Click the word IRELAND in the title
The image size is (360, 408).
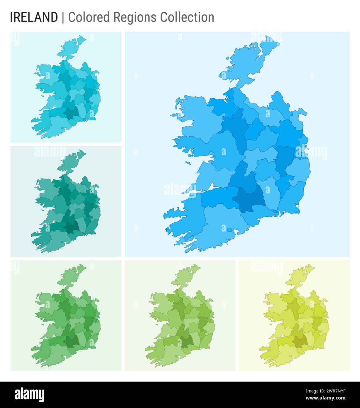click(34, 17)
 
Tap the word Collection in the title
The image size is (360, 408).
click(187, 17)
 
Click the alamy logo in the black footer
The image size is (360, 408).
click(30, 395)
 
